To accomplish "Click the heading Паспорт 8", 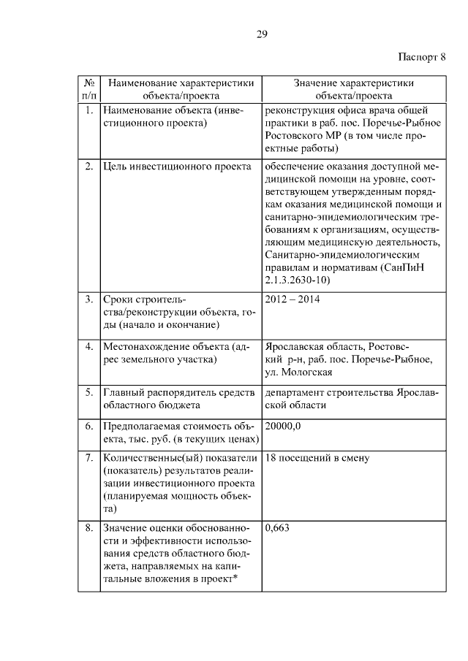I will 421,56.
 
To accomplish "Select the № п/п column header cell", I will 88,89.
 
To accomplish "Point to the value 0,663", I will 278,528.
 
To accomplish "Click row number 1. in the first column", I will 88,110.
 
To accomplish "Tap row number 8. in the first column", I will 88,528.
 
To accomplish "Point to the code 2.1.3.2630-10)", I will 296,280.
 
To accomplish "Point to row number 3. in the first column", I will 88,299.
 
